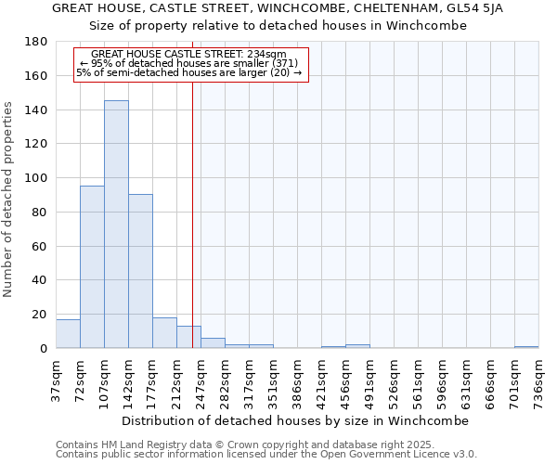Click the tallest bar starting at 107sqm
[116, 225]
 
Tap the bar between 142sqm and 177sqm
[140, 271]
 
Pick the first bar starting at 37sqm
[68, 334]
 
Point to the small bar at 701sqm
[526, 347]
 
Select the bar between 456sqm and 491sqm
[357, 346]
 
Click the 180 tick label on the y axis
[36, 42]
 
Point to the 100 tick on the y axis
[36, 178]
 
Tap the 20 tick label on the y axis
[40, 315]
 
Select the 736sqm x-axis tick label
[539, 378]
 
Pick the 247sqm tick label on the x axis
[201, 378]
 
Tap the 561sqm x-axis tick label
[419, 378]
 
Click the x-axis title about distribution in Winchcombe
[296, 420]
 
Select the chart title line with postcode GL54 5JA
[278, 8]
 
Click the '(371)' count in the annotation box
[278, 63]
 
